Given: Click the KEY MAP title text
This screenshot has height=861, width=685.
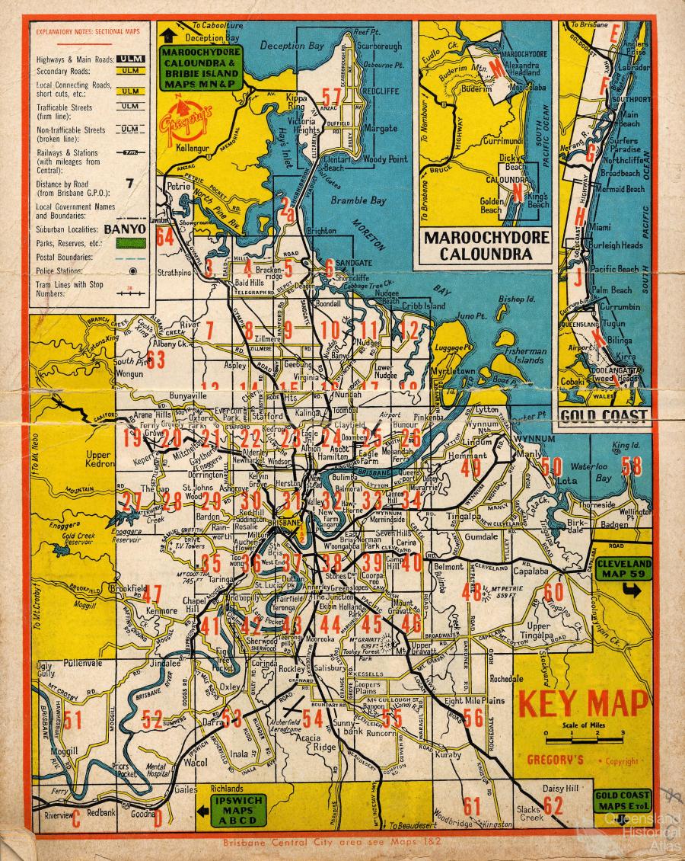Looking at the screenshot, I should point(583,703).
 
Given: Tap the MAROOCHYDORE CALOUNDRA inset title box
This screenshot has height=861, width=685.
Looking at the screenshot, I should point(486,245).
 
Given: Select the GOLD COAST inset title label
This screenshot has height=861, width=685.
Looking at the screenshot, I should point(604,416).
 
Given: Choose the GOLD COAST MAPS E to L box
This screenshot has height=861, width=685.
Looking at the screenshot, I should point(620,801).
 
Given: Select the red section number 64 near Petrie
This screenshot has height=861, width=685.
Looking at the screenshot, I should point(165,235).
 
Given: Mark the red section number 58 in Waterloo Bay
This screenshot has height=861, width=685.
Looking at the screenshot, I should point(632,466).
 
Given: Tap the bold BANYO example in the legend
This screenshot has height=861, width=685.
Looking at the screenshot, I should point(125,227).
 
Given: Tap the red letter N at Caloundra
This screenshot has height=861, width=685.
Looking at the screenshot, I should point(517,194).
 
